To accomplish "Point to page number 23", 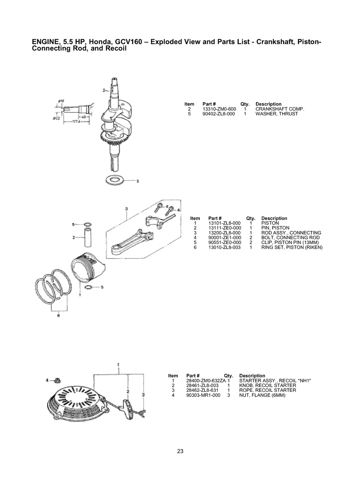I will [x=180, y=451].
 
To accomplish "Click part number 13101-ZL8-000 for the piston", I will [x=225, y=223].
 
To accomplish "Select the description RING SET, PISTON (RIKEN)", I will [x=292, y=247].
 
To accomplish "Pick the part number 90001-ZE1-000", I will [x=225, y=238].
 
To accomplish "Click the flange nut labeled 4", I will [x=57, y=380].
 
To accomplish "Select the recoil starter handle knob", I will [x=128, y=405].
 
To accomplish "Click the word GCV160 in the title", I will [x=129, y=42].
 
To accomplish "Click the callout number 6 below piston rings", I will [x=59, y=316].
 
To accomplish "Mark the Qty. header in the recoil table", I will [x=228, y=375].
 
